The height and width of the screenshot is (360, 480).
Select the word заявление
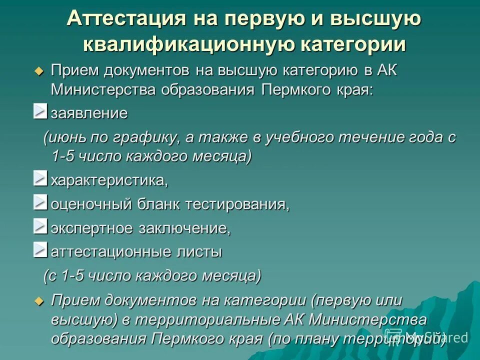click(x=89, y=113)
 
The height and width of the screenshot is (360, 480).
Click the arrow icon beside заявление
click(x=40, y=111)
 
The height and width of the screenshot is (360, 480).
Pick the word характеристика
click(x=109, y=180)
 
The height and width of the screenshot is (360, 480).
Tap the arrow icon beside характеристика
click(x=40, y=178)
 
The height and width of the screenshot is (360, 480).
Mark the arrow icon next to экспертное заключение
click(x=40, y=226)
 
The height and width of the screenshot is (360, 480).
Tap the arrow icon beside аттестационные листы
click(x=40, y=250)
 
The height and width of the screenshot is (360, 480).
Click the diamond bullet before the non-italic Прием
click(x=39, y=71)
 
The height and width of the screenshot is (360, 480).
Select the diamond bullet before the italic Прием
click(x=39, y=301)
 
